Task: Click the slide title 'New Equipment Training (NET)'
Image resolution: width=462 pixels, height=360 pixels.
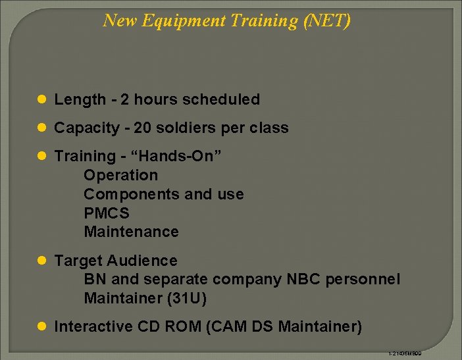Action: (x=226, y=21)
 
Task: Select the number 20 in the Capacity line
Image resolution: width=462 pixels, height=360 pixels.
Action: (x=142, y=128)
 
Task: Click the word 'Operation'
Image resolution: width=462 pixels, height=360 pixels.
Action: (x=121, y=175)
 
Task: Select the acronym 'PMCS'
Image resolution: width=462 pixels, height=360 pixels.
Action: (x=107, y=213)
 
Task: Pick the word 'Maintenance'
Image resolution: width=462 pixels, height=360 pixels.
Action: (x=131, y=232)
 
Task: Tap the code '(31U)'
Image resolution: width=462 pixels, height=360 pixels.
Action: (x=189, y=298)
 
